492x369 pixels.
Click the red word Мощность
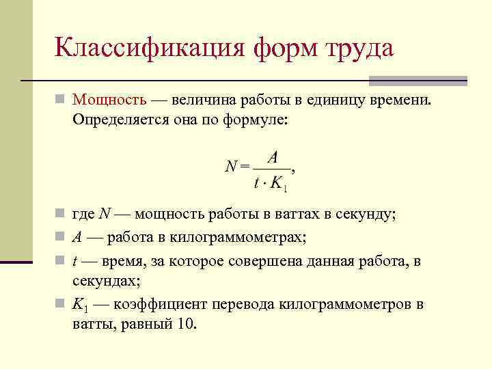(x=109, y=100)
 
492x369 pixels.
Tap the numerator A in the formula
(x=273, y=157)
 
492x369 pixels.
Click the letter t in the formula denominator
(x=256, y=183)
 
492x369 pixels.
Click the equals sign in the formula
(x=244, y=165)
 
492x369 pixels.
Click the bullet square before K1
(x=61, y=305)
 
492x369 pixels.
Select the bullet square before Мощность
(x=61, y=101)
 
